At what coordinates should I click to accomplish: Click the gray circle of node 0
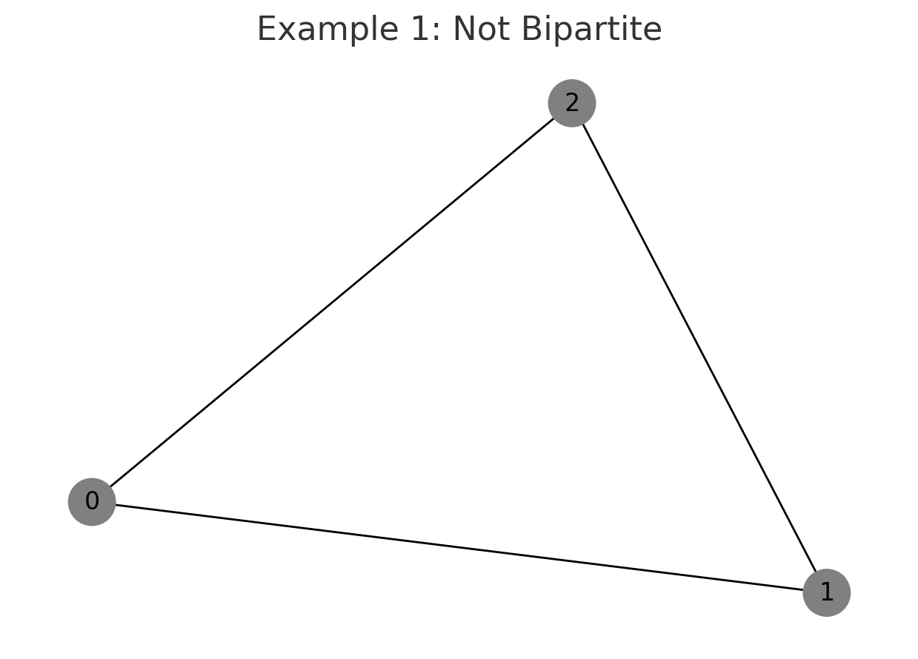[92, 502]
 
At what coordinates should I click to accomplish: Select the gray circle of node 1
[826, 592]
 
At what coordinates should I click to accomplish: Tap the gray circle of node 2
[571, 103]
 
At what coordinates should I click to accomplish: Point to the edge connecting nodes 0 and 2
[331, 302]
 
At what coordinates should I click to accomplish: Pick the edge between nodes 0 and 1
[459, 547]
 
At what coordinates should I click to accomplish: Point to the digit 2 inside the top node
[571, 103]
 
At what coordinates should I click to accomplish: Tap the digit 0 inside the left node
[92, 502]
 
